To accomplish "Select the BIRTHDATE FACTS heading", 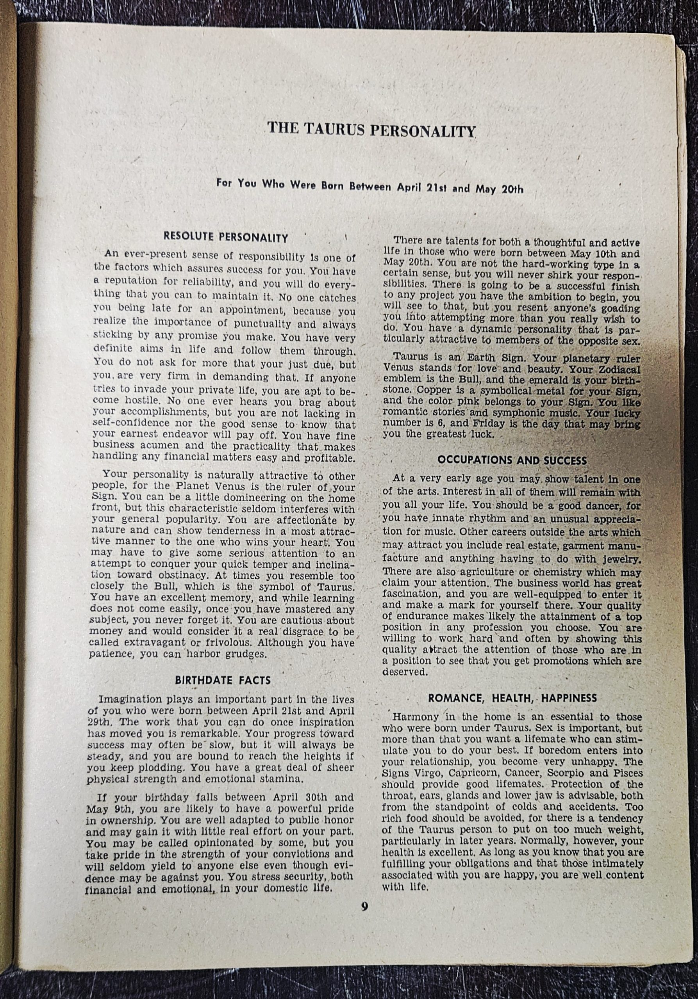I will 223,680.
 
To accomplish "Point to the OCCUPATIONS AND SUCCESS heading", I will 512,460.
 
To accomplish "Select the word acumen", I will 163,446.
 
